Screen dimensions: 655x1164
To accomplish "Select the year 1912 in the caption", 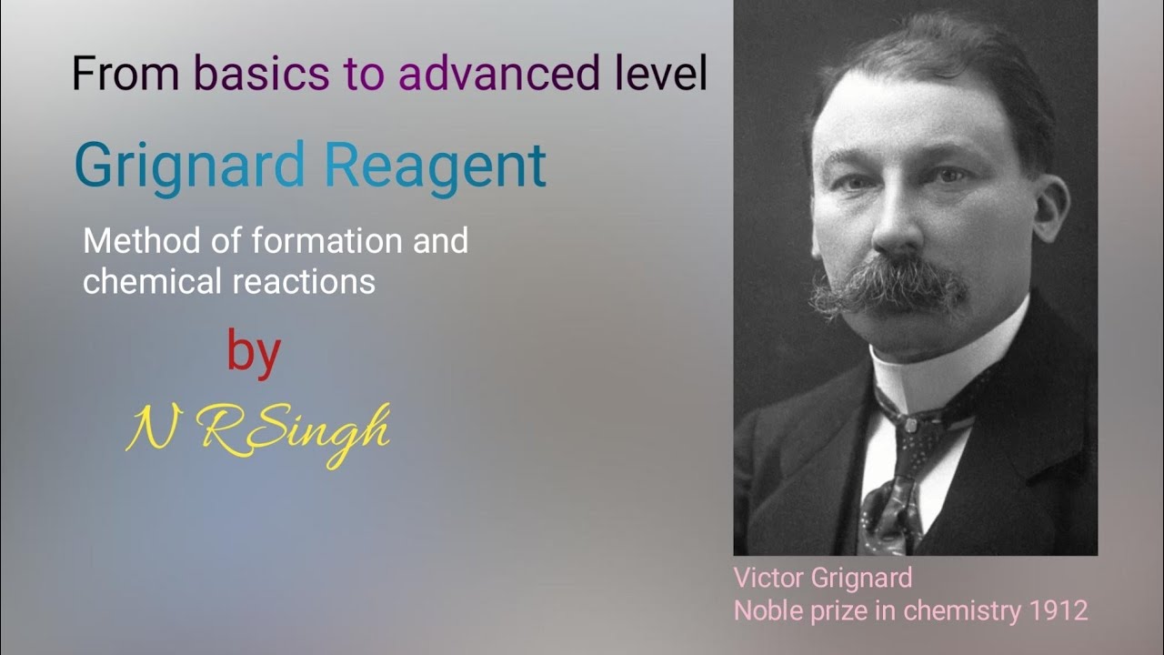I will pos(1059,610).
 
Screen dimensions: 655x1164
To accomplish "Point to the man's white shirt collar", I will pos(946,364).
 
